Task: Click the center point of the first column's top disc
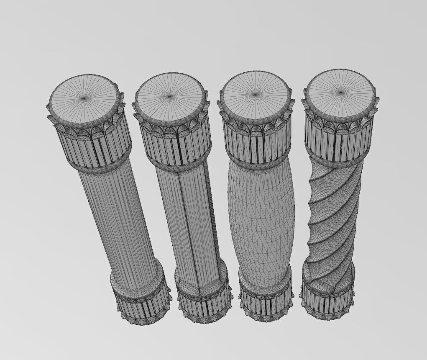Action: [84, 98]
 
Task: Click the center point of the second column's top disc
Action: [169, 97]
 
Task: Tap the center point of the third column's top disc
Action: [256, 94]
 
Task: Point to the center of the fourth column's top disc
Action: [340, 93]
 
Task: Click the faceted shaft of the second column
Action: [192, 218]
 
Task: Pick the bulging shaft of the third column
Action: [261, 218]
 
